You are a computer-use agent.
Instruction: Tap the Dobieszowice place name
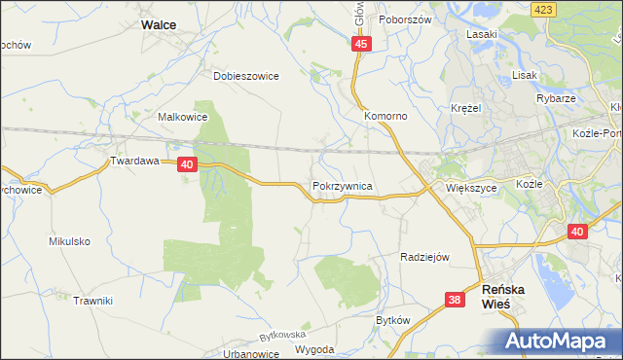(x=246, y=75)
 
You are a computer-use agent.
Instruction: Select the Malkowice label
(x=183, y=116)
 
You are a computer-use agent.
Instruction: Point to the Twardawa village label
(x=133, y=162)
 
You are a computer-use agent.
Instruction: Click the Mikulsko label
(x=69, y=240)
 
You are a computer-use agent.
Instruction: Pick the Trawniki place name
(x=93, y=301)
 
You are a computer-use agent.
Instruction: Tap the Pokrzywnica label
(x=342, y=184)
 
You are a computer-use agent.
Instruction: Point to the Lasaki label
(x=482, y=34)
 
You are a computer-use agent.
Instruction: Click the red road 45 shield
(x=362, y=45)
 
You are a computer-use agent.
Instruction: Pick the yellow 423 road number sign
(x=543, y=8)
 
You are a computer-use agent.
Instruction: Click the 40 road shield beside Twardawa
(x=188, y=165)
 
